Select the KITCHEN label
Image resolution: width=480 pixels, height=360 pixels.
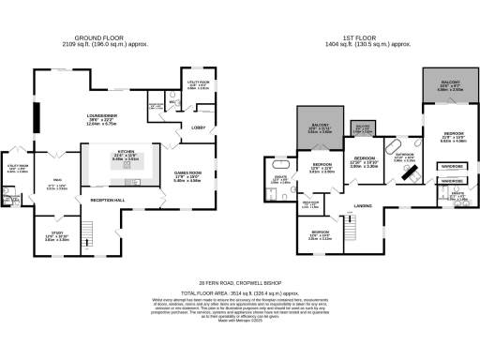(125, 153)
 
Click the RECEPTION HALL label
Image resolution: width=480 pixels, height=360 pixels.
(106, 201)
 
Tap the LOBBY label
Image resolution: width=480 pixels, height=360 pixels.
(199, 127)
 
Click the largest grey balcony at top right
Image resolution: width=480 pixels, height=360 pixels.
(444, 90)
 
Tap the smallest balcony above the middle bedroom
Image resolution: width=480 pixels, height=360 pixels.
(363, 127)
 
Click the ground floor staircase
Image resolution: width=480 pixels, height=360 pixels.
(90, 232)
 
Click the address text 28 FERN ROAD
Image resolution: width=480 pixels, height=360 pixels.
(239, 280)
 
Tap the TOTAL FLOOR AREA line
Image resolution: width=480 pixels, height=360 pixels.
(240, 292)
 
